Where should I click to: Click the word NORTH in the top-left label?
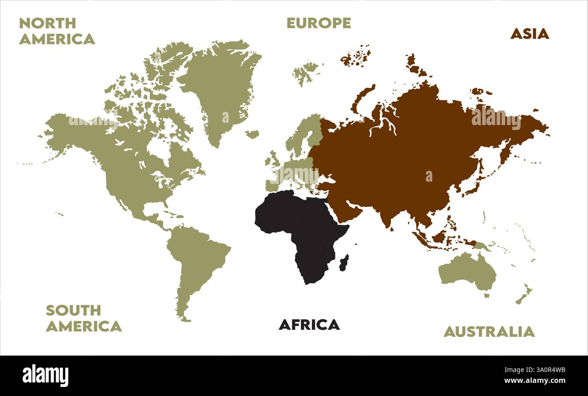(47, 23)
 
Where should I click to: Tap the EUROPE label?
(318, 23)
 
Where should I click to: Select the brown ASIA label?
(529, 34)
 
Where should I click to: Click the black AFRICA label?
(309, 324)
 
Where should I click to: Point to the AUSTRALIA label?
(488, 332)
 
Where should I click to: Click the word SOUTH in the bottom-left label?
(73, 310)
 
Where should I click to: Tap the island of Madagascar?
(344, 262)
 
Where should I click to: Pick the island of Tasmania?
(487, 296)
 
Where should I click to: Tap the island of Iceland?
(252, 134)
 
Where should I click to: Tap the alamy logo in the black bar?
(45, 376)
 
